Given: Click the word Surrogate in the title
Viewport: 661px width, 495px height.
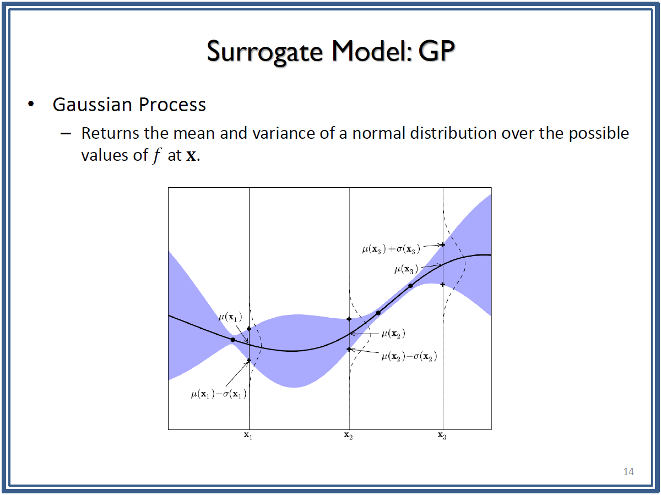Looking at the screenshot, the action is (265, 52).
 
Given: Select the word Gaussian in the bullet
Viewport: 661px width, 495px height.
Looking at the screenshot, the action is (93, 105).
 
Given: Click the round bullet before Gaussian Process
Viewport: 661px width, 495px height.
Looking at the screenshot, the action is (31, 104).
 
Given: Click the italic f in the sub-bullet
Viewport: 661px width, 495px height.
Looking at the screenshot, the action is (156, 156).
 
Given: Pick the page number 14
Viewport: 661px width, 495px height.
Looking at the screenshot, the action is (628, 471).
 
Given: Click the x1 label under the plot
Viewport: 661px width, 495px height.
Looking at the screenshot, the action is (248, 436).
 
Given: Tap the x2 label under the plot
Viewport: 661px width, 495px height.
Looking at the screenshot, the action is (349, 436).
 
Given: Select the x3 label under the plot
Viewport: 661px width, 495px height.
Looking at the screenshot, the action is (442, 436).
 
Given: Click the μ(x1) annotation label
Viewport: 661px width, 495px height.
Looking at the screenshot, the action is (230, 317).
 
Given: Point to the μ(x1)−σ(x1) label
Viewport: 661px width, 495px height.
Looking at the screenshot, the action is (219, 394).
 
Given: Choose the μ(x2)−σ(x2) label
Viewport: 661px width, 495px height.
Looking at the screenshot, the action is (409, 357).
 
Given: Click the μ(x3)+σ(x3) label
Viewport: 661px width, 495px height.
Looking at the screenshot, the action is (391, 249).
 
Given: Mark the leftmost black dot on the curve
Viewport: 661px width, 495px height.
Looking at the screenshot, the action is (233, 340).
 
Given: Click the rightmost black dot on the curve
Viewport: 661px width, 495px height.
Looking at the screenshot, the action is (410, 286).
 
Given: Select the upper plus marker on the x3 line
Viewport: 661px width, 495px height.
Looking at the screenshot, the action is (443, 244).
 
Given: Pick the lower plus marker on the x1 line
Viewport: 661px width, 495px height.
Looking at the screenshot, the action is (249, 360).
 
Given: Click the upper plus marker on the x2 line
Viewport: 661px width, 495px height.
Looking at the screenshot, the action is (349, 319).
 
